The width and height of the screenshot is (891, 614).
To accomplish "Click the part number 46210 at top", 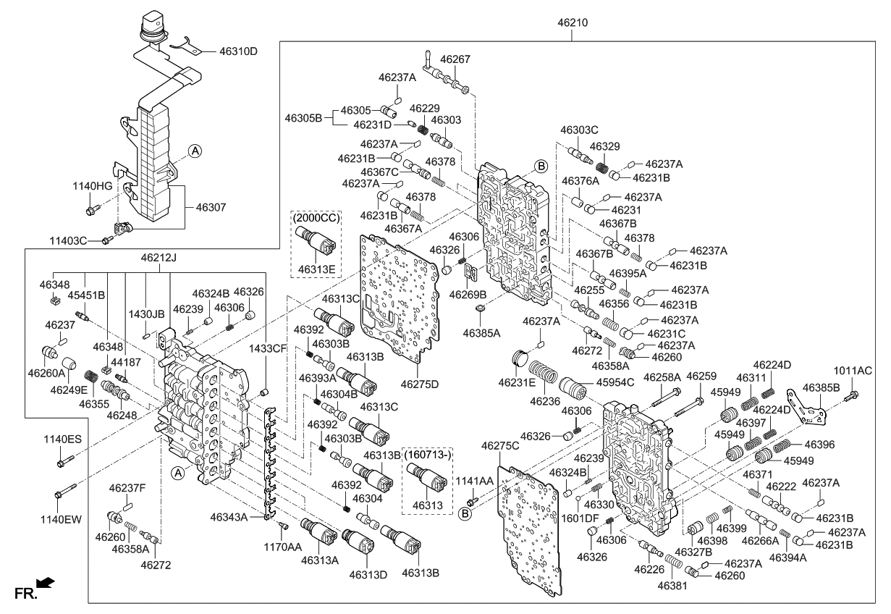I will (x=572, y=22).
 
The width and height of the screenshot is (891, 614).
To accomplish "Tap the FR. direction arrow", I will (x=45, y=583).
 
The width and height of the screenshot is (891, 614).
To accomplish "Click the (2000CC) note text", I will (x=316, y=216).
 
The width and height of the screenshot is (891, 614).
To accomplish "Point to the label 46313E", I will (x=317, y=269).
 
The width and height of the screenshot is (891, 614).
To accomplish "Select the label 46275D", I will (x=420, y=384).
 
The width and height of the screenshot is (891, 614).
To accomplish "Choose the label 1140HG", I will (x=92, y=186).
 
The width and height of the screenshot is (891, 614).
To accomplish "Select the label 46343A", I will (x=229, y=517).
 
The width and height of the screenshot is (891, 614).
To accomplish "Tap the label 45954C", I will (x=615, y=382).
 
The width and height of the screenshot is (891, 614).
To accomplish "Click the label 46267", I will (x=455, y=60).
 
